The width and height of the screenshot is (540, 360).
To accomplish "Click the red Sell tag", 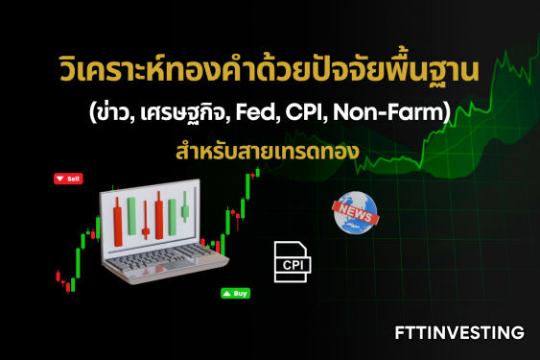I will point(70,179).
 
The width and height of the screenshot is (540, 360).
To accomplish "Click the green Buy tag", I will point(235,293).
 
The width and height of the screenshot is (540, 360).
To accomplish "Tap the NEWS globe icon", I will point(356,213).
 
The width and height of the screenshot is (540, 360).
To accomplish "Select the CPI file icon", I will point(292,261).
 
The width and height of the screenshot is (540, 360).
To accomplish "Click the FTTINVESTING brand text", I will point(459,333).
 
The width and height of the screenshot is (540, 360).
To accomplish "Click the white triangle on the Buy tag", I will point(226,293).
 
